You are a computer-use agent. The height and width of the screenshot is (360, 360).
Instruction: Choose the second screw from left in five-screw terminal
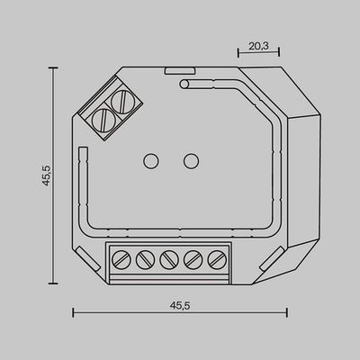tap(145, 260)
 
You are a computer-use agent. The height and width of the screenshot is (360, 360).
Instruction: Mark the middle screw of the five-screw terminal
tap(168, 260)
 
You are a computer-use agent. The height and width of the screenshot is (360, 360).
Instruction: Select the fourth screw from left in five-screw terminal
tap(192, 260)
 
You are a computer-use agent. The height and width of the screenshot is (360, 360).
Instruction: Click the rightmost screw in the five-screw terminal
tap(215, 260)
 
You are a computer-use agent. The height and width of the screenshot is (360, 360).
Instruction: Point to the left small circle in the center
tap(151, 162)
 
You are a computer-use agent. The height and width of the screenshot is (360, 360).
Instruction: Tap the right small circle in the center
tap(191, 162)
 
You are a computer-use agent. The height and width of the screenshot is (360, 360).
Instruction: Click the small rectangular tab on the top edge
tap(175, 67)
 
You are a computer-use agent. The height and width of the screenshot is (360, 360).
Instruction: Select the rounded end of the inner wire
tap(183, 85)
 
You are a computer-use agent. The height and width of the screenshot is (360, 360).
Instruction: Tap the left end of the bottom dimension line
tap(73, 312)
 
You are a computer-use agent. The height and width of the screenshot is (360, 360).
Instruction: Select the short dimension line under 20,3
tap(256, 52)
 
